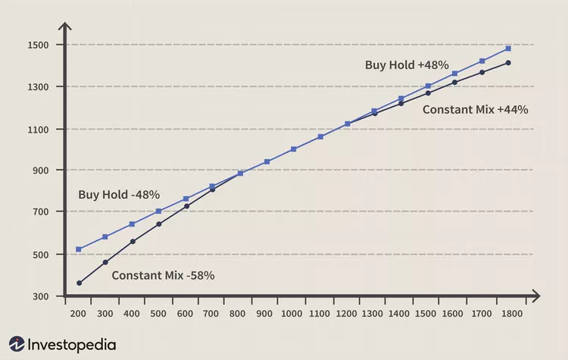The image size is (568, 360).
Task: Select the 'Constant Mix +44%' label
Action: click(x=475, y=109)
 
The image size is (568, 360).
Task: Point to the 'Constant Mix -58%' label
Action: click(x=163, y=275)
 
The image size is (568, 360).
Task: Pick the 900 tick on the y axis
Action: click(x=39, y=171)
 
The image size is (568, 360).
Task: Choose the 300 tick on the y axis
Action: click(x=39, y=296)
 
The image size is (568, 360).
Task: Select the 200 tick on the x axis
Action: click(x=79, y=313)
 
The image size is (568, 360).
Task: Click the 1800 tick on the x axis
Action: click(x=508, y=313)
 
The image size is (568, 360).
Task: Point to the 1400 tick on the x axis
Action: click(x=401, y=313)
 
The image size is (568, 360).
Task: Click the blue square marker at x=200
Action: click(x=79, y=249)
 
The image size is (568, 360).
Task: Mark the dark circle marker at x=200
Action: click(x=79, y=283)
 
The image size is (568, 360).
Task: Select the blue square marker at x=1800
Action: click(x=508, y=49)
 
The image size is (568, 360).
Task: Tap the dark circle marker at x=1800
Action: click(x=508, y=63)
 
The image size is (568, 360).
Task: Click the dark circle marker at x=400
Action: click(x=133, y=242)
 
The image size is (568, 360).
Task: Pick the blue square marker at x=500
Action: click(x=159, y=211)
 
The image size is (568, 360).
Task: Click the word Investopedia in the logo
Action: click(x=72, y=345)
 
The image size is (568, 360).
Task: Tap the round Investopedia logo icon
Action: click(x=17, y=345)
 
